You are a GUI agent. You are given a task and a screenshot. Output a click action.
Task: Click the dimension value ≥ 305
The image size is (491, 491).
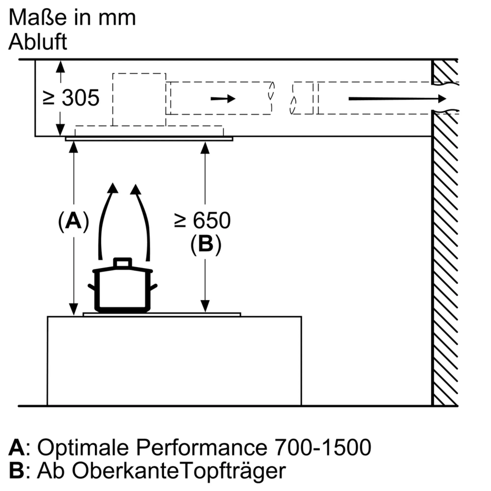(x=71, y=98)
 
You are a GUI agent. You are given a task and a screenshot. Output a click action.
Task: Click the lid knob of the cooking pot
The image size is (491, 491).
(x=123, y=262)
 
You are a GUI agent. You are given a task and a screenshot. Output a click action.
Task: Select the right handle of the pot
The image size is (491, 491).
(x=153, y=287)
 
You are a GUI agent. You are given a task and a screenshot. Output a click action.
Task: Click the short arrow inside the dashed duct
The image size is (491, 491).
(x=223, y=99)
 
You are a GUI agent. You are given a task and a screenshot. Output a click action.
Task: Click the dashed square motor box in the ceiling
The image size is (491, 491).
(x=139, y=99)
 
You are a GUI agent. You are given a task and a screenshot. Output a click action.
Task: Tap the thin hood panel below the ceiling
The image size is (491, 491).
(x=149, y=139)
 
